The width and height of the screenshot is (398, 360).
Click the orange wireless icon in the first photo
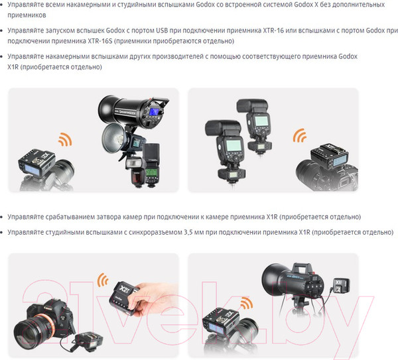point(64,141)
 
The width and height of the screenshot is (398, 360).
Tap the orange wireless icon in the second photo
point(300,137)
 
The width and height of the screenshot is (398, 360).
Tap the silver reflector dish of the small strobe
point(115,139)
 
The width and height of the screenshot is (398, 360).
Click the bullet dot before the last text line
point(9,233)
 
